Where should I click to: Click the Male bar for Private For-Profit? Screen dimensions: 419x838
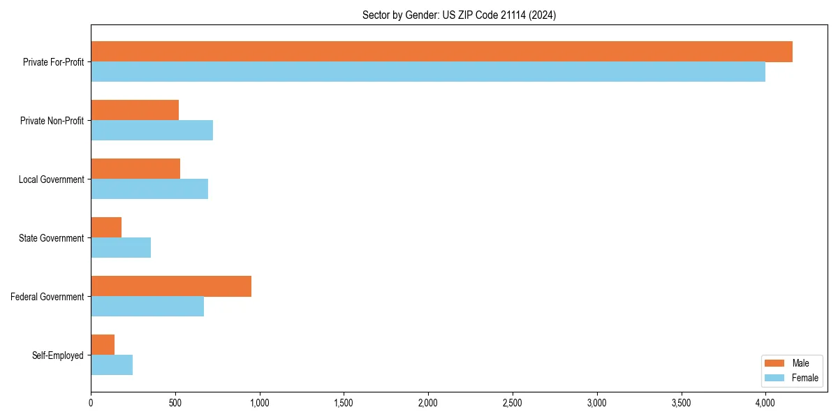point(441,52)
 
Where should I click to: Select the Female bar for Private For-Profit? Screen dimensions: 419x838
point(428,72)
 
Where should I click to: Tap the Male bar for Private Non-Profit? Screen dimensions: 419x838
point(135,110)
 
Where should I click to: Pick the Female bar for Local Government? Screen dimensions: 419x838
point(149,189)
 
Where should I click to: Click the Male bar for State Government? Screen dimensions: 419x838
point(106,228)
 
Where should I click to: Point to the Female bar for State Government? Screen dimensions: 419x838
point(121,248)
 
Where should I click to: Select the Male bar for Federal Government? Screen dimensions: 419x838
point(171,286)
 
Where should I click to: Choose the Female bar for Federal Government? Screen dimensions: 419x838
point(147,307)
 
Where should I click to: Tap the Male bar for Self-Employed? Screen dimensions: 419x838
point(103,345)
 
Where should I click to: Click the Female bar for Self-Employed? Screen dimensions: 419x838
point(112,365)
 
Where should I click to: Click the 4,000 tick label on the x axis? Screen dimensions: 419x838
point(765,403)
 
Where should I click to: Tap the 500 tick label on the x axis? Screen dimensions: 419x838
point(175,403)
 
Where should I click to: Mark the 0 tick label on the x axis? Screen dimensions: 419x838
point(91,403)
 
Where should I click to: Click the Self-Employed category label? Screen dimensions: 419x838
point(58,355)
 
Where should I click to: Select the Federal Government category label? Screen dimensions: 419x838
point(47,297)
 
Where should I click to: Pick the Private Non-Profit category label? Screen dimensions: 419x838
point(52,121)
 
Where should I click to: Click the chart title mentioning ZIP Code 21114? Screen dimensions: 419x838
point(459,15)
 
